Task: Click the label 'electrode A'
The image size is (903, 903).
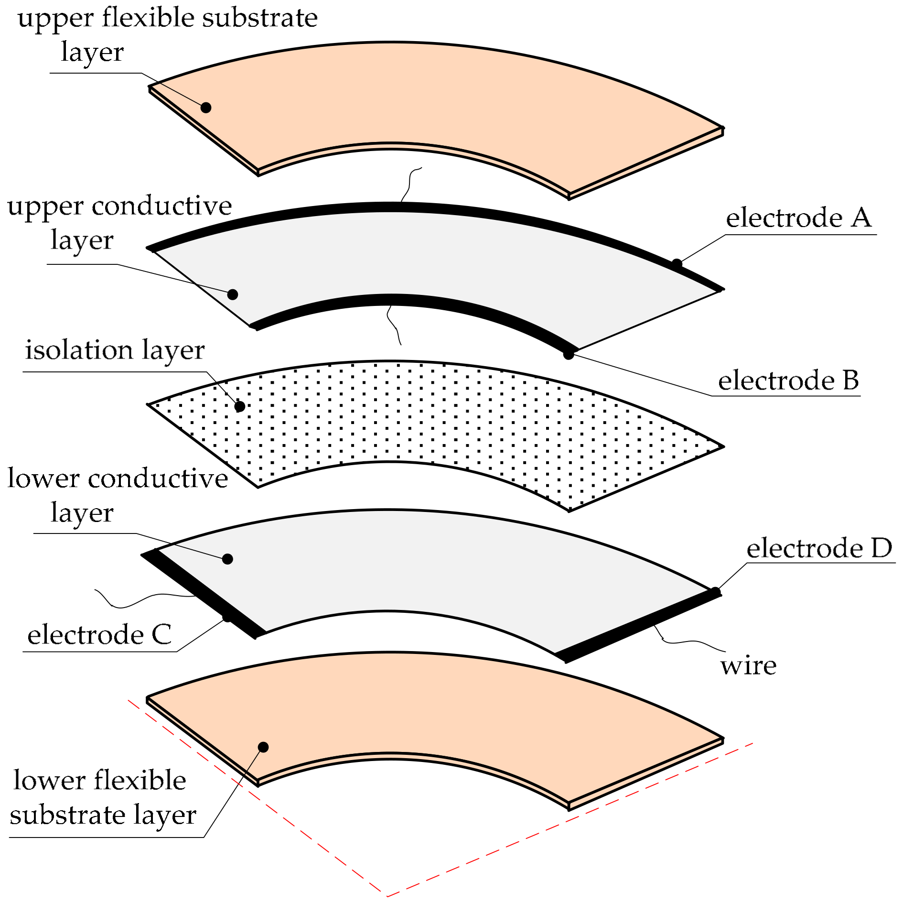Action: [798, 218]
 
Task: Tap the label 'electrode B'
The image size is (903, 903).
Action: [788, 381]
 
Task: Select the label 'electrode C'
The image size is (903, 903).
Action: [99, 635]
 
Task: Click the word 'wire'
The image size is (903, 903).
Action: [748, 665]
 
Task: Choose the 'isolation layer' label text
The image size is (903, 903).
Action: [115, 350]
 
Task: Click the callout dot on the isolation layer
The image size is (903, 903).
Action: [240, 406]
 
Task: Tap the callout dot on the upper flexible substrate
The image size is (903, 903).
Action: [206, 108]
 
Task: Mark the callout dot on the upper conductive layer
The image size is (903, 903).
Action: [233, 294]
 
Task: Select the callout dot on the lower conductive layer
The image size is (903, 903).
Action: [227, 559]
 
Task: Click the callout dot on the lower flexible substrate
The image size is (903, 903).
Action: [263, 747]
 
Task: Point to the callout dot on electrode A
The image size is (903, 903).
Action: [677, 263]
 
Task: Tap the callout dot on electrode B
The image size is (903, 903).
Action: [569, 354]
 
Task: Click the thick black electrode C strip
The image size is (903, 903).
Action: [201, 593]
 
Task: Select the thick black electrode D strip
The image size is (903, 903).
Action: [640, 626]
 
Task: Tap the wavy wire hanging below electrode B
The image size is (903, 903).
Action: [393, 323]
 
